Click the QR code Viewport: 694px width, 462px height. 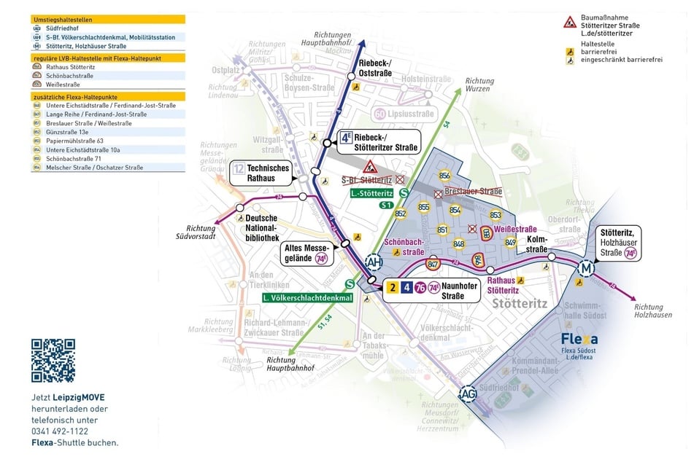53,361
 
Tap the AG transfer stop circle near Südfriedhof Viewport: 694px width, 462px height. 470,394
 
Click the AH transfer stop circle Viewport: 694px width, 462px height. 373,262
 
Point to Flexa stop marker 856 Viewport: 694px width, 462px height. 445,176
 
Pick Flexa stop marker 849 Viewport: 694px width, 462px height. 510,242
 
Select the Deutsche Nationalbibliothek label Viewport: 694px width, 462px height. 262,227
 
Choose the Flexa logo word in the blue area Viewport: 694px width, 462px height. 579,340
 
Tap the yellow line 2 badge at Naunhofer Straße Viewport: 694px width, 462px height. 392,287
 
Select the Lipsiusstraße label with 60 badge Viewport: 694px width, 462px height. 404,113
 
